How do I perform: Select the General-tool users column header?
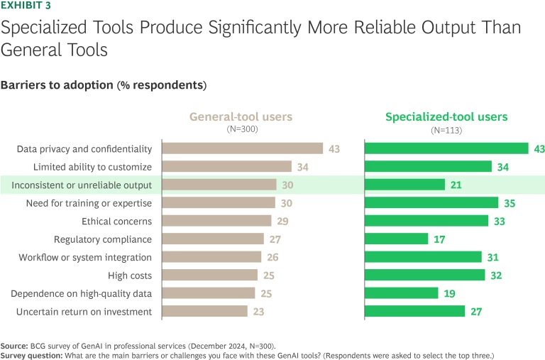[240, 117]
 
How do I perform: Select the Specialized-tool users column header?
[446, 117]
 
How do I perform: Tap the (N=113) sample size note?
[446, 130]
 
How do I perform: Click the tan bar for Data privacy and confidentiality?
[243, 148]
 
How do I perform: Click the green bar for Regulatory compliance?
[397, 239]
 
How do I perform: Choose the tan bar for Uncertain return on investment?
[205, 311]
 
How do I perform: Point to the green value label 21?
[458, 185]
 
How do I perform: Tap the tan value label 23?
[260, 311]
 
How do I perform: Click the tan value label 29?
[282, 221]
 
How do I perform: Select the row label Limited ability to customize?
[92, 167]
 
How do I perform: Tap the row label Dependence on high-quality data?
[82, 293]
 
